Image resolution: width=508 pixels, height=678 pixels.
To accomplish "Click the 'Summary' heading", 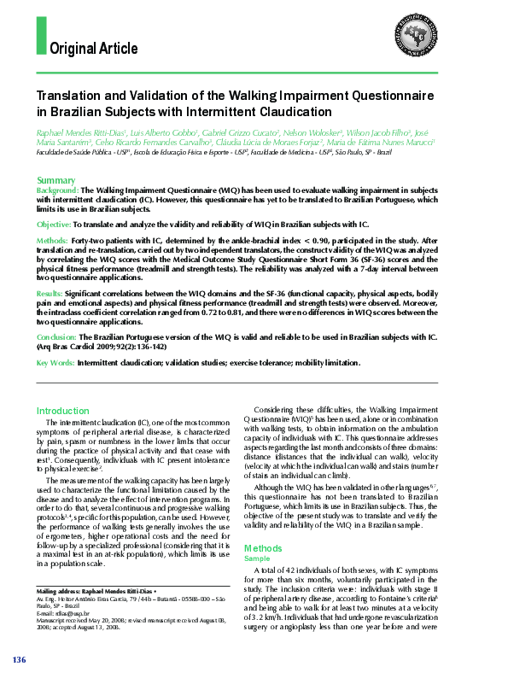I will [55, 180].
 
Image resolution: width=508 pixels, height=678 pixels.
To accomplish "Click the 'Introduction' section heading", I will [69, 411].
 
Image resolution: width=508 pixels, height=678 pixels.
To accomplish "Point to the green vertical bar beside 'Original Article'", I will [41, 35].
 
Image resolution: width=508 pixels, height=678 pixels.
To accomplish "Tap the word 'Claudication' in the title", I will [291, 112].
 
